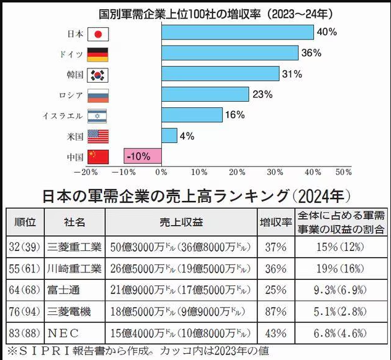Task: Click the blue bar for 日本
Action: (x=237, y=33)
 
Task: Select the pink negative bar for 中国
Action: (x=142, y=157)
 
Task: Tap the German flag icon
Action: (x=98, y=54)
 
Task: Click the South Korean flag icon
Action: (x=98, y=75)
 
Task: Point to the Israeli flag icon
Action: (x=98, y=115)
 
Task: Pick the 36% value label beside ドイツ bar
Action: (x=311, y=53)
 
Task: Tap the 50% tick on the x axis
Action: (x=343, y=172)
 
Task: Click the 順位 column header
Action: (x=23, y=222)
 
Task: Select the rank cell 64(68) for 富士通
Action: (x=23, y=290)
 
